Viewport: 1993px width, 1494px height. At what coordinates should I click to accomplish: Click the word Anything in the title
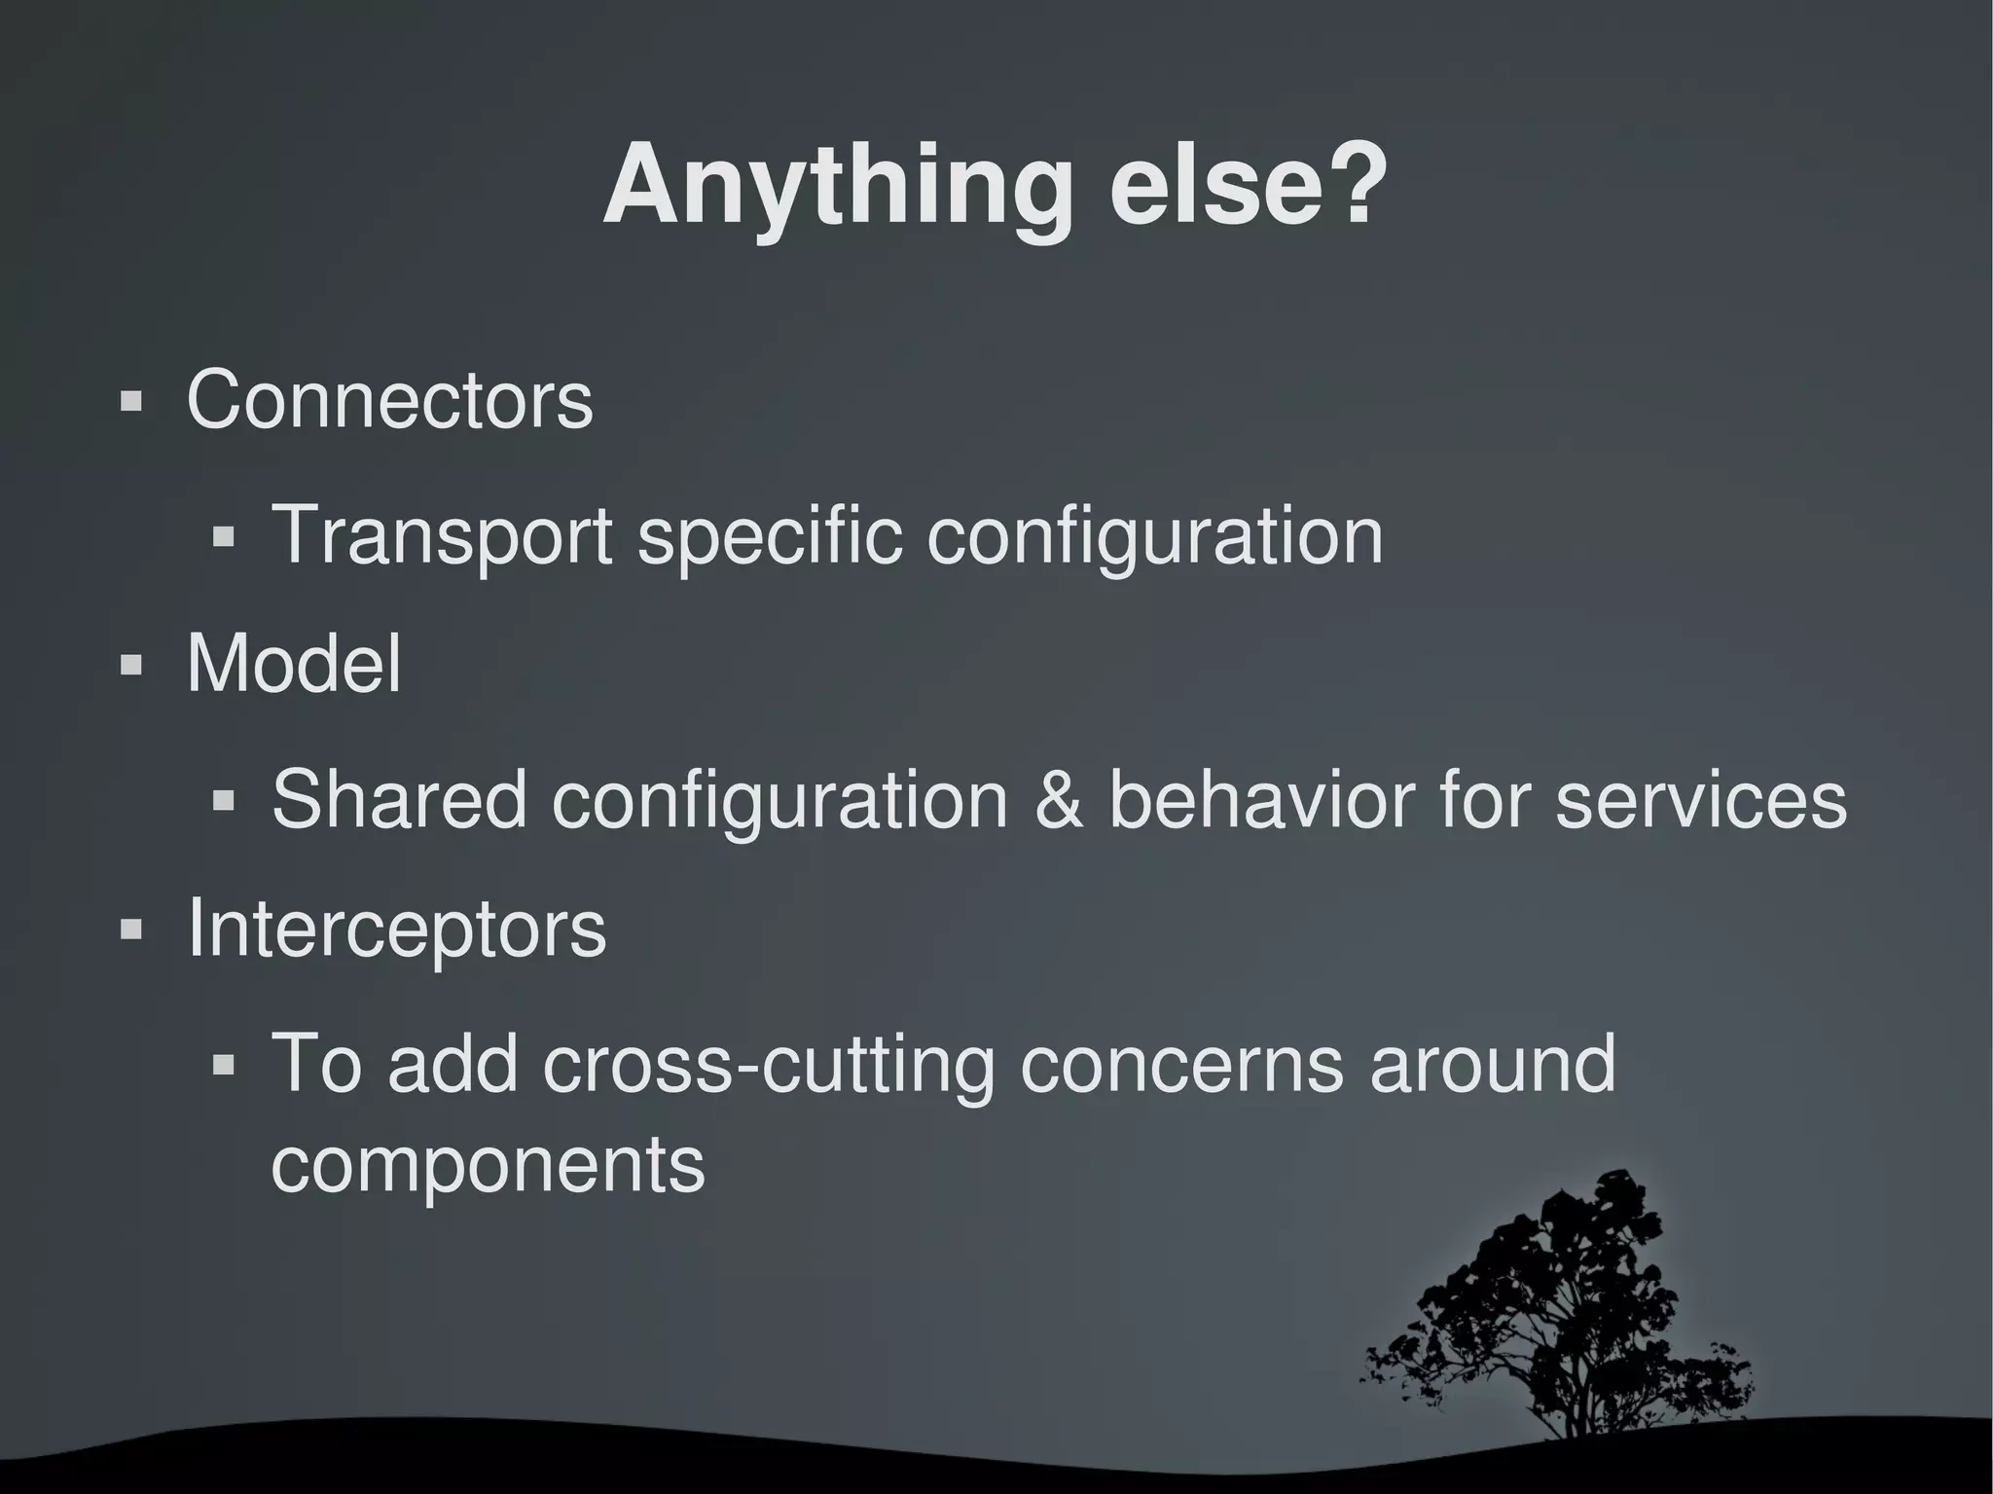(838, 187)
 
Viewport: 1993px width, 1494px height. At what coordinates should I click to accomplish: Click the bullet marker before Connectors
(130, 402)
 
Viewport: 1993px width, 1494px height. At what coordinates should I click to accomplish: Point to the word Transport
(441, 535)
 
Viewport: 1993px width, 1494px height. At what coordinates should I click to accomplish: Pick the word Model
(293, 664)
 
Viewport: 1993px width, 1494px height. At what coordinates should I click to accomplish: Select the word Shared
(399, 799)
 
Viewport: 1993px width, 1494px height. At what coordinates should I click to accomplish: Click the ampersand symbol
(1058, 799)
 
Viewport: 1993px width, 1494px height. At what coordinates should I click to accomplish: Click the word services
(1700, 801)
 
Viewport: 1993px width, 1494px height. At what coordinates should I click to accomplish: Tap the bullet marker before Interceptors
(130, 930)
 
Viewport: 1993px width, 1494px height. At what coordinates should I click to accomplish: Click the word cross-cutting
(769, 1065)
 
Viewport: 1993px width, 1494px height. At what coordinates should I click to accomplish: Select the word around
(1492, 1065)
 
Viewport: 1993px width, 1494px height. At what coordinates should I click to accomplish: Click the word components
(488, 1165)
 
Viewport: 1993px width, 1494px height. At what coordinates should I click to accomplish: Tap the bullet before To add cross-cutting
(224, 1066)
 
